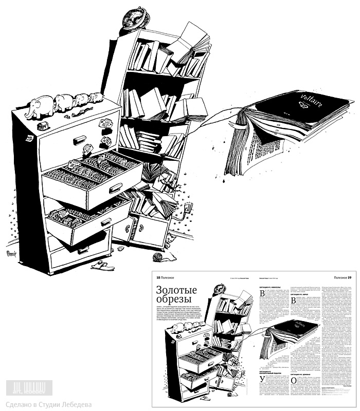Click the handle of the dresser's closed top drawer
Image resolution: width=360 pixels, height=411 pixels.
[x=80, y=139]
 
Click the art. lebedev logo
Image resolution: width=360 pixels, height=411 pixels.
[x=30, y=386]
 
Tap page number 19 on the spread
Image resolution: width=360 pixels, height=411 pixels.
[x=351, y=277]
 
